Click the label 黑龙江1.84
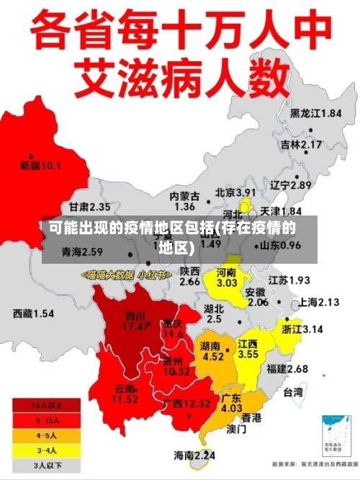[x=315, y=113]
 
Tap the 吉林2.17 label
[x=300, y=145]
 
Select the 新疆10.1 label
[x=40, y=166]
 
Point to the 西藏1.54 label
[x=34, y=314]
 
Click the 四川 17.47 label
[x=135, y=321]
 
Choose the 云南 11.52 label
[x=125, y=393]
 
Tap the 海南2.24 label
[x=194, y=455]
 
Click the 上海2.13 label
[x=318, y=302]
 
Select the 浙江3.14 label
[x=302, y=329]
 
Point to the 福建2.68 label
[x=287, y=369]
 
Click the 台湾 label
[x=293, y=393]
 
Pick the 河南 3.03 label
[x=227, y=278]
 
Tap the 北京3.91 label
[x=235, y=192]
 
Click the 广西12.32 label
[x=186, y=402]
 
